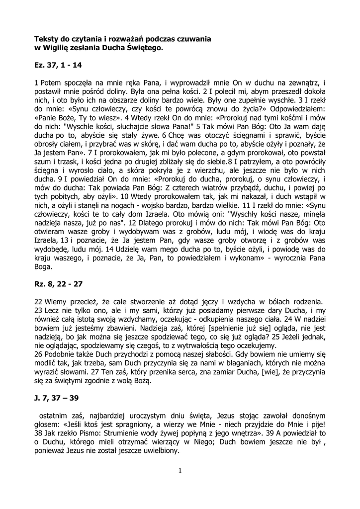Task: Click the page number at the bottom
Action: tap(180, 471)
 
